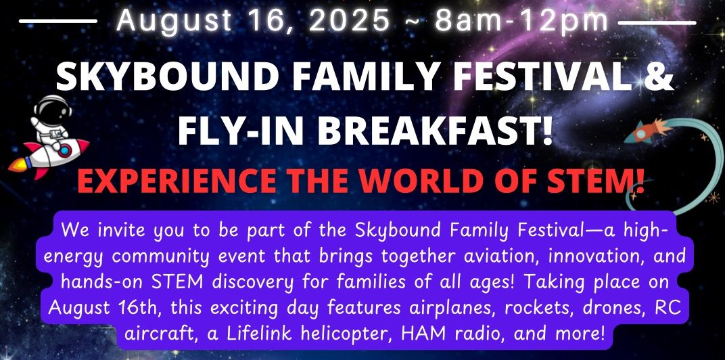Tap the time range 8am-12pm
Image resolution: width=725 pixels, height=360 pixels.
(x=521, y=21)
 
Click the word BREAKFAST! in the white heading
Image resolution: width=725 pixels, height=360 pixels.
(x=436, y=131)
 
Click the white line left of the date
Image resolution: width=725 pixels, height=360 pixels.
(x=57, y=21)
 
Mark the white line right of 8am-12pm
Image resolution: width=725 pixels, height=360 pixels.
(x=657, y=22)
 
